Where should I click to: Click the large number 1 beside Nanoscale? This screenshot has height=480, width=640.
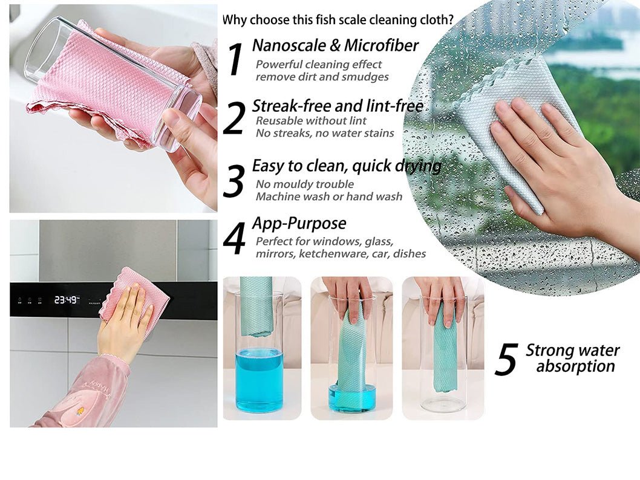click(x=236, y=59)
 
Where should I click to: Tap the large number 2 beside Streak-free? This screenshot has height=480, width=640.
click(x=234, y=118)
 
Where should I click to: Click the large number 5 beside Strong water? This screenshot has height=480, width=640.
click(x=506, y=359)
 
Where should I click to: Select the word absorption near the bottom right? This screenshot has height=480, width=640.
click(x=575, y=366)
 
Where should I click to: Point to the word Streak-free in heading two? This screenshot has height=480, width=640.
click(x=292, y=106)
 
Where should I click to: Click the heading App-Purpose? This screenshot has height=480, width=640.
click(x=299, y=223)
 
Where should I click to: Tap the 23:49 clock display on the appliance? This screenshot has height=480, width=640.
click(x=66, y=300)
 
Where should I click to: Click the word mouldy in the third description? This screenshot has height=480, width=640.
click(x=295, y=185)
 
